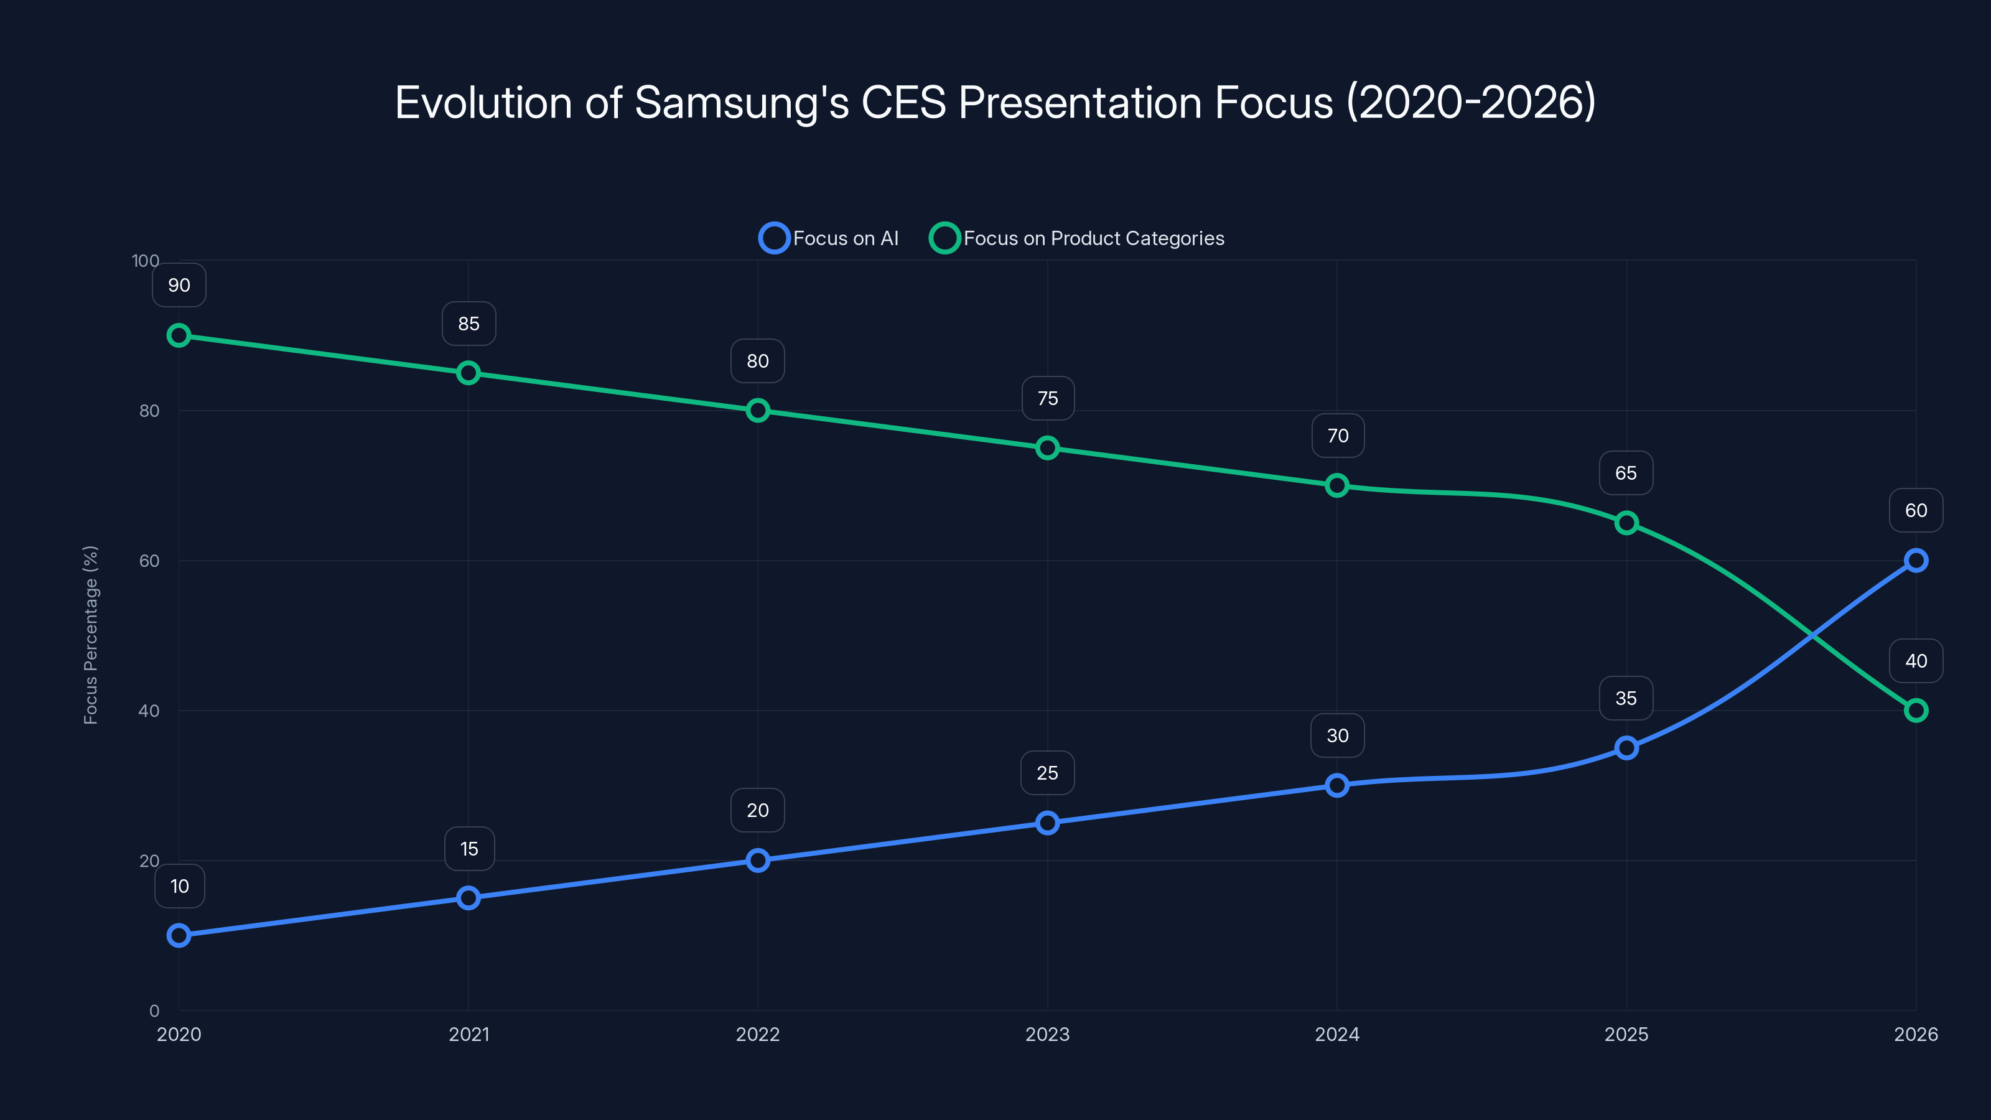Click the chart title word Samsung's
tap(740, 103)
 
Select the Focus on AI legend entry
tap(829, 238)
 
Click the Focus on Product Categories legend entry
tap(1076, 238)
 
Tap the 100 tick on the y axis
tap(146, 261)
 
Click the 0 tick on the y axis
tap(154, 1010)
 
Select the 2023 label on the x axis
tap(1047, 1034)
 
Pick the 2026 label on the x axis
tap(1915, 1034)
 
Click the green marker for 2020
tap(179, 335)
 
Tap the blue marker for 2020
tap(179, 935)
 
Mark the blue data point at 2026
tap(1915, 561)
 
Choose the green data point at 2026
tap(1915, 711)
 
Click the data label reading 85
tap(469, 324)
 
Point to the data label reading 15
tap(469, 849)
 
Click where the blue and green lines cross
tap(1812, 635)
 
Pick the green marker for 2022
tap(757, 411)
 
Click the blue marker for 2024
tap(1337, 785)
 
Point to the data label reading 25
tap(1047, 773)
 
